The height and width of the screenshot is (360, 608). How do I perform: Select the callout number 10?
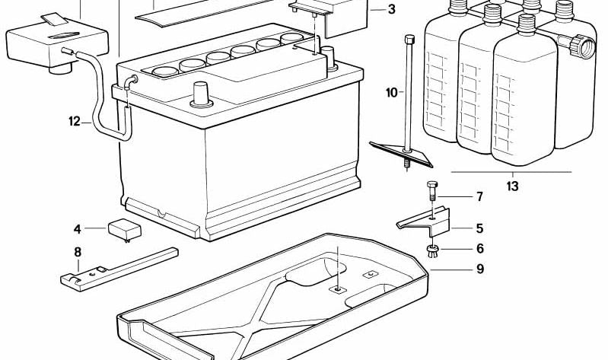pyautogui.click(x=392, y=93)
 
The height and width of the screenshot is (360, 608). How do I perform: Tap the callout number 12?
pyautogui.click(x=74, y=121)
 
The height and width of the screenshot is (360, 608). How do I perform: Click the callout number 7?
pyautogui.click(x=479, y=197)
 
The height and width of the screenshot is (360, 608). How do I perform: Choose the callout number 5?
pyautogui.click(x=479, y=228)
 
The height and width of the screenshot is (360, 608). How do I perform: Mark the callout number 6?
pyautogui.click(x=479, y=248)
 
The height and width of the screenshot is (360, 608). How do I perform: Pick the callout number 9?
pyautogui.click(x=479, y=268)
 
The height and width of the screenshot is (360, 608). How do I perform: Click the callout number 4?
pyautogui.click(x=77, y=228)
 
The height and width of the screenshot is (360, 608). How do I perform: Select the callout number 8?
pyautogui.click(x=78, y=253)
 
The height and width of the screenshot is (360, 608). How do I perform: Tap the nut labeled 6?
pyautogui.click(x=432, y=252)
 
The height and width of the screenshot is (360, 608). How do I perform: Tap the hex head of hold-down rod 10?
pyautogui.click(x=409, y=39)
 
